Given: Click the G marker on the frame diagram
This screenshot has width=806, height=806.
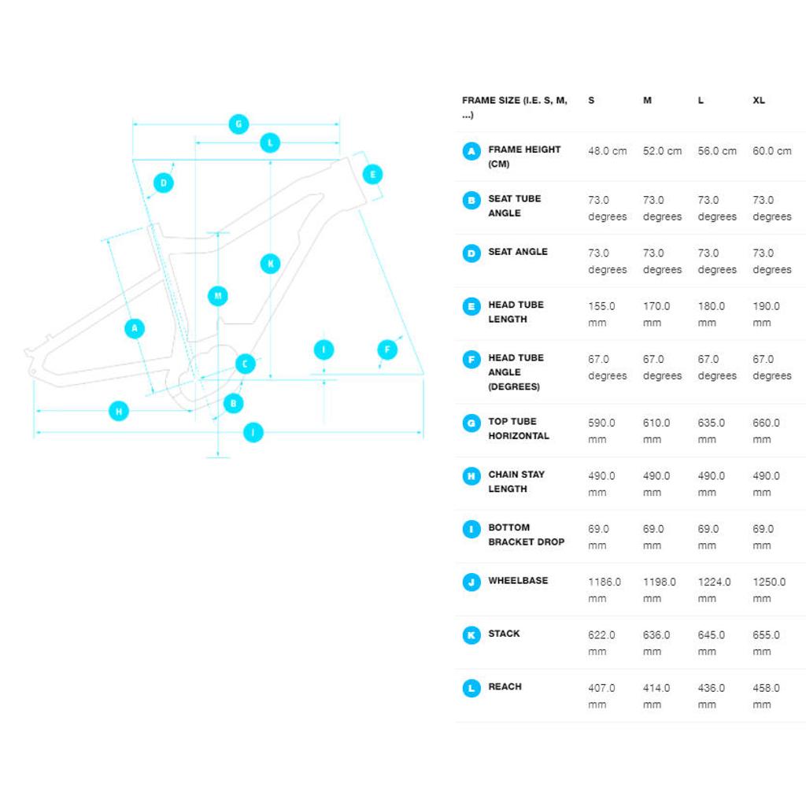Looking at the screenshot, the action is (238, 124).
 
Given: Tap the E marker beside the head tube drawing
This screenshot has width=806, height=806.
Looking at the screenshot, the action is (372, 174).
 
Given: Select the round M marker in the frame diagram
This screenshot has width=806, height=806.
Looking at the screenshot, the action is (218, 296).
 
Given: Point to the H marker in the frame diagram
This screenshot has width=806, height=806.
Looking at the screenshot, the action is (119, 411).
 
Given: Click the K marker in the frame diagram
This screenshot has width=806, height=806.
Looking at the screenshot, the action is (271, 264).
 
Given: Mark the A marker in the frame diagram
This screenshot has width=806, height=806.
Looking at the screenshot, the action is (135, 328).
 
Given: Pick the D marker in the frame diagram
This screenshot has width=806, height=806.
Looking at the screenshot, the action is (164, 183).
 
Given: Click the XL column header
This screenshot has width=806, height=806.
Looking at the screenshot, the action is (759, 100).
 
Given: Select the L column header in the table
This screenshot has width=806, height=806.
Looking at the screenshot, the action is (701, 100).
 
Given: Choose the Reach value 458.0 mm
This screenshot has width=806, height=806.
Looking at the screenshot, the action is (767, 696).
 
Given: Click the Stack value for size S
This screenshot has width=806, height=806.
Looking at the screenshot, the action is (601, 643).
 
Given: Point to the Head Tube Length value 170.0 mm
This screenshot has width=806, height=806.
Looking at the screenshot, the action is (656, 314).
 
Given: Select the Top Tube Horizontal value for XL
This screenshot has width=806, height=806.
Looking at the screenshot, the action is (767, 431).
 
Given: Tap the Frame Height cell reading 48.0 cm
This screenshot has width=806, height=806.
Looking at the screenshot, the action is (608, 151).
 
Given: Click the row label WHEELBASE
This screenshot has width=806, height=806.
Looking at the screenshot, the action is (518, 580).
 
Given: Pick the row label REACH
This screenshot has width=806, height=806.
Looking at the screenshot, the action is (505, 686).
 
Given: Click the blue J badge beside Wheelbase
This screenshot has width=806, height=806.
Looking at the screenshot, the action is (471, 582).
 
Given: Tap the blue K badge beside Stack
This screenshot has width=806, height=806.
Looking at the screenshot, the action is (471, 635).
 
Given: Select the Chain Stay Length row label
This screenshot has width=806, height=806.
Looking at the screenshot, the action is (516, 482).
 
